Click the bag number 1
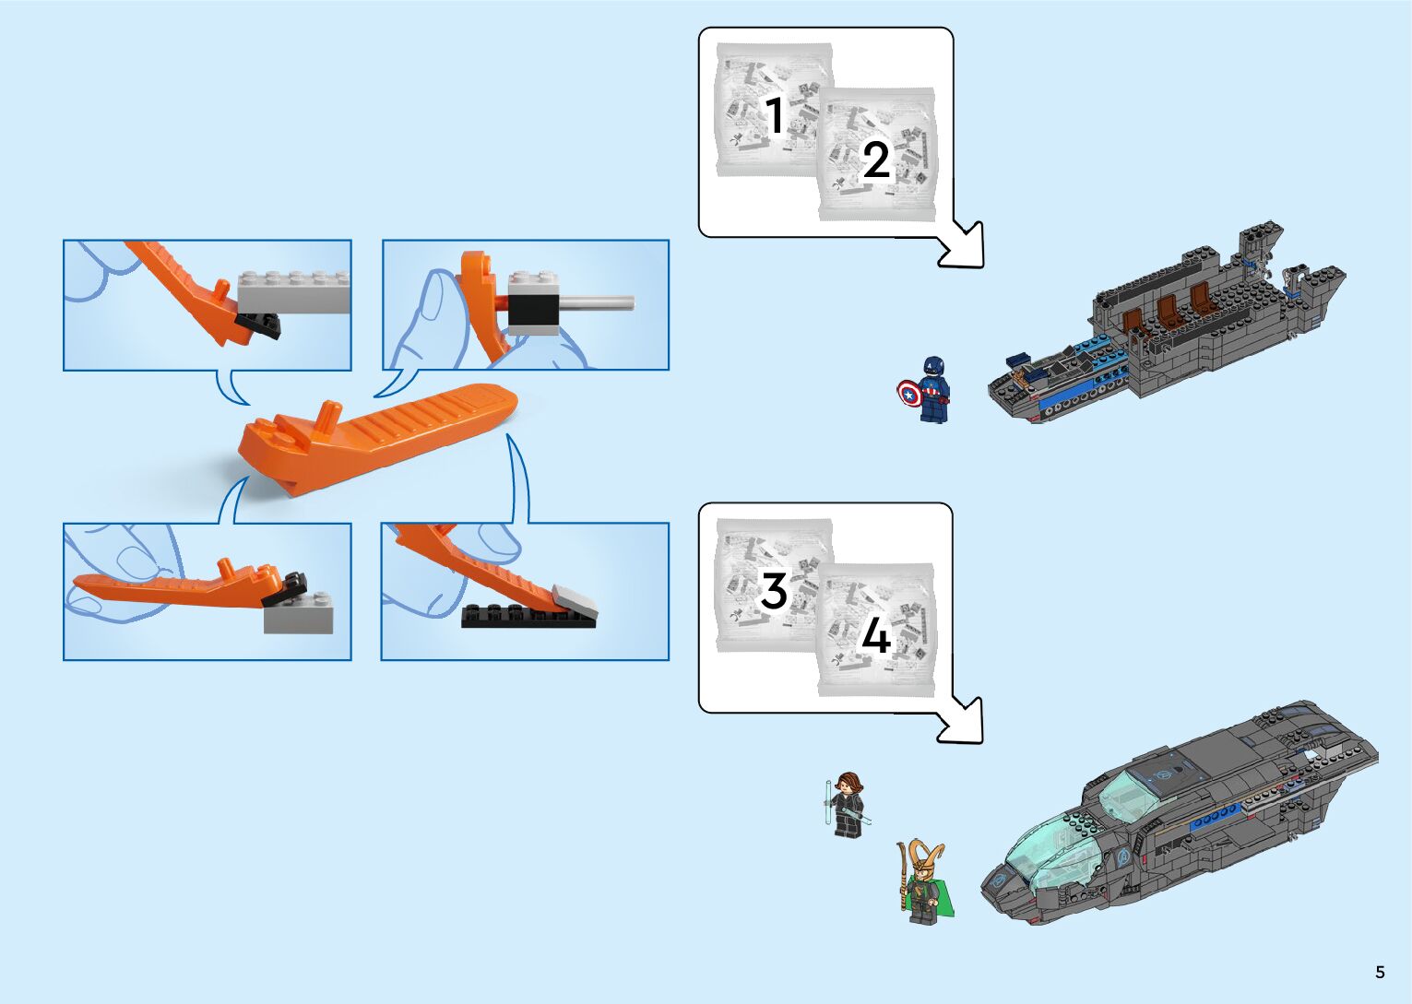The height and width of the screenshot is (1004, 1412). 775,116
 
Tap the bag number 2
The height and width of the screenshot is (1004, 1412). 875,160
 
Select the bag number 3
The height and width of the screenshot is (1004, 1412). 773,591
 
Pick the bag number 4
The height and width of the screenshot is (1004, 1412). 875,636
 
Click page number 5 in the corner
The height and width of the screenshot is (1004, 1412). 1380,973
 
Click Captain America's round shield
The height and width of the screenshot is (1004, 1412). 909,394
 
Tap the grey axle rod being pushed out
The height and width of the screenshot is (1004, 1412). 594,302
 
